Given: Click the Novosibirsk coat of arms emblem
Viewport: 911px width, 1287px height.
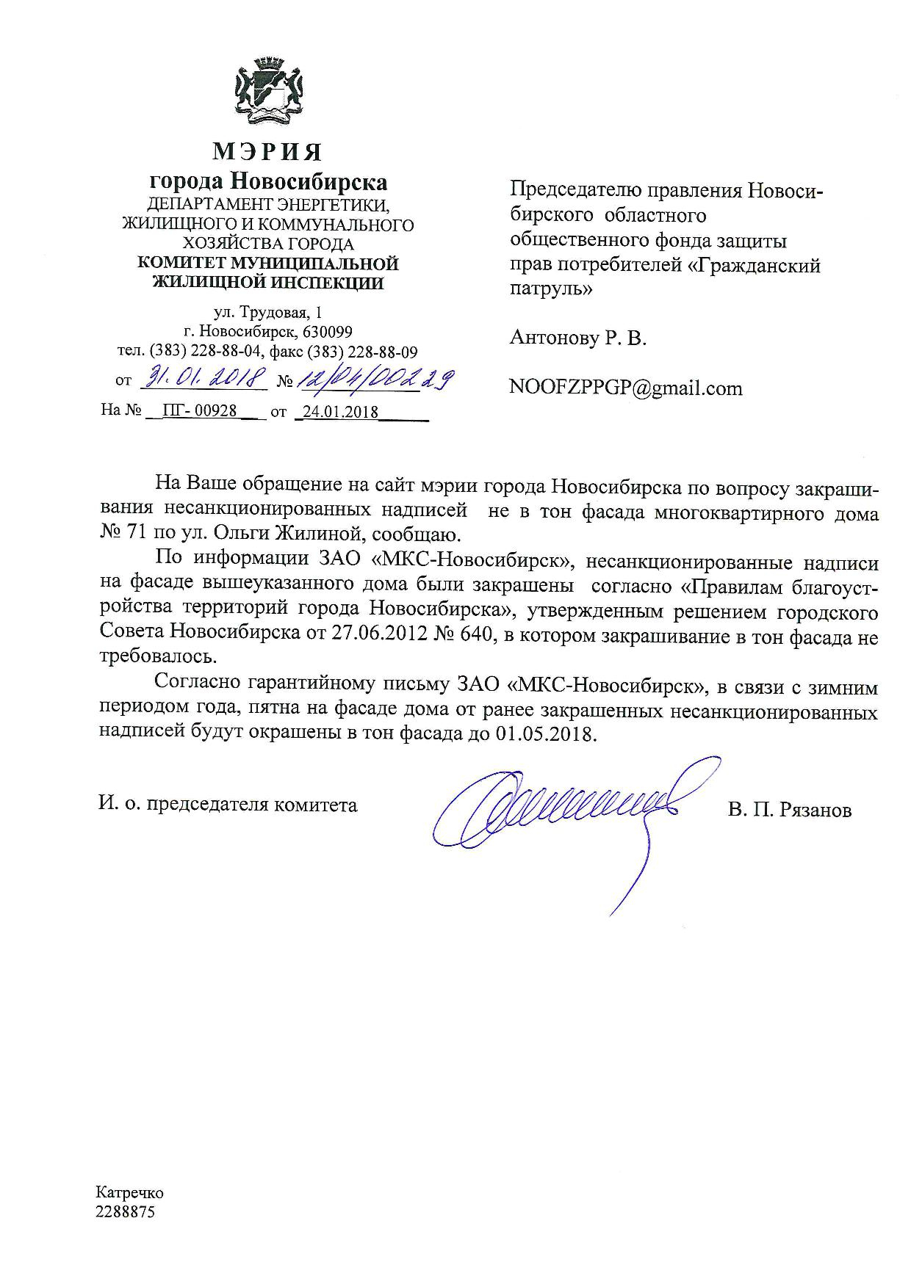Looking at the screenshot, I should tap(268, 93).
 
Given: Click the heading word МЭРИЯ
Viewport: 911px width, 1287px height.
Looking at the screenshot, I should tap(268, 152).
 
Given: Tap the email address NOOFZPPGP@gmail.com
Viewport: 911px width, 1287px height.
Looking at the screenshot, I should tap(626, 388).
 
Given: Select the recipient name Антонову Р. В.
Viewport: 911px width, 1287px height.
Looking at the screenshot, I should tap(577, 338).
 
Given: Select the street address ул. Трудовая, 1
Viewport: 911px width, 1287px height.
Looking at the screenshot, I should tap(267, 313).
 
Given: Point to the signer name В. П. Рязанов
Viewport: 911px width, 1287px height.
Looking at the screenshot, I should tap(791, 810).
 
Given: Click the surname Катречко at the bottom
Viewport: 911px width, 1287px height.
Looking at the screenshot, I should tap(129, 1193).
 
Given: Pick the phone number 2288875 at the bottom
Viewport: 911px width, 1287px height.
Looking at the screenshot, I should tap(125, 1212).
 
